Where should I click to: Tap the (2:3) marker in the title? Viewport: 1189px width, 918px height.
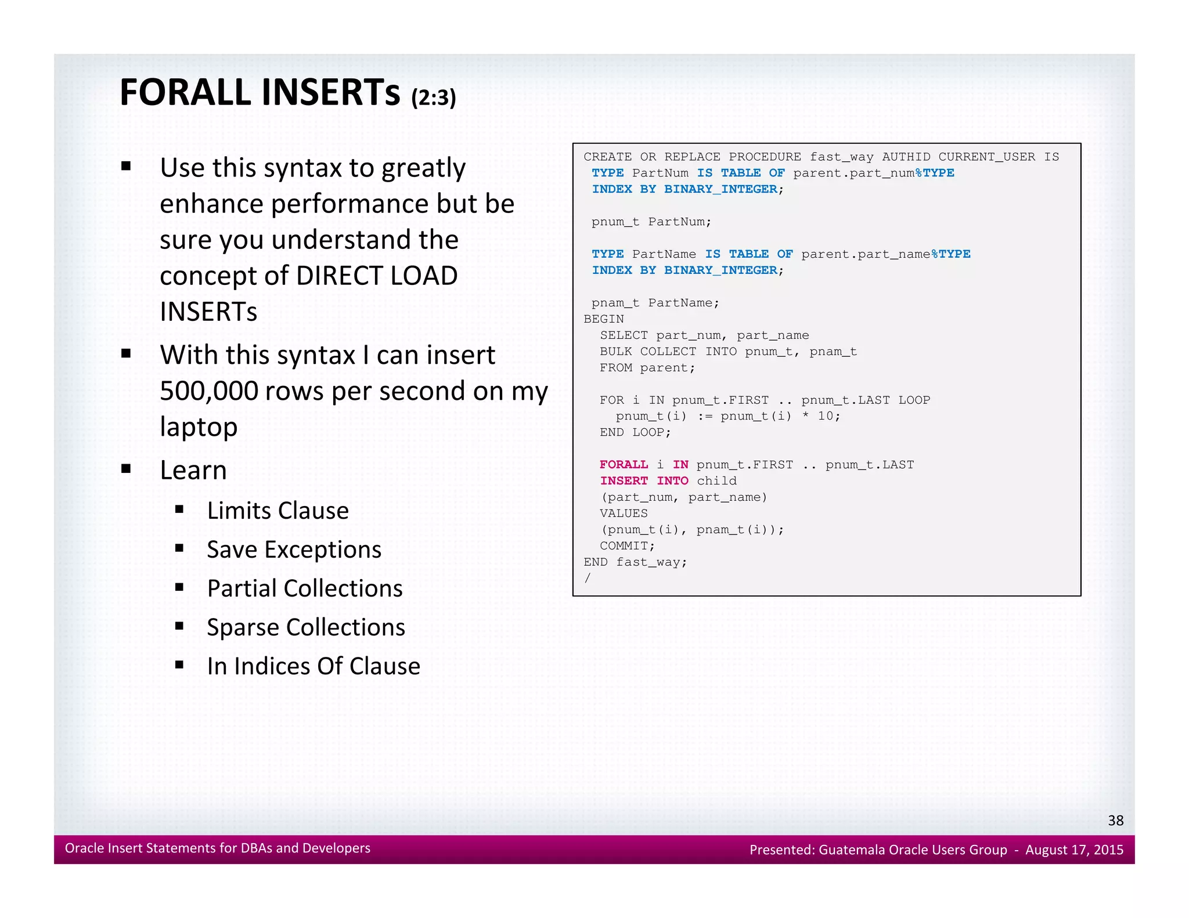click(433, 97)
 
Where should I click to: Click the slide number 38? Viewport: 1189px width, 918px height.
click(1115, 820)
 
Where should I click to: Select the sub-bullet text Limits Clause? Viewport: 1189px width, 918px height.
click(278, 511)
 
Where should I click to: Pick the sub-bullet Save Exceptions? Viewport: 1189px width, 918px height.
click(294, 550)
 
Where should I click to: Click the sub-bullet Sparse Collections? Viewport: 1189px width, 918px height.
click(305, 627)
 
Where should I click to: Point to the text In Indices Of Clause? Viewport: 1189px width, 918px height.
click(313, 666)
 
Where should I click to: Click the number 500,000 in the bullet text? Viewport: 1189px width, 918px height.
click(208, 391)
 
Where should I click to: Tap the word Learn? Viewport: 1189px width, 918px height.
click(193, 470)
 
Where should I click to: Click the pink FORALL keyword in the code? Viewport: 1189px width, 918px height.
click(624, 465)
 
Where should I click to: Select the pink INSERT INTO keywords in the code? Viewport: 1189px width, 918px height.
click(644, 481)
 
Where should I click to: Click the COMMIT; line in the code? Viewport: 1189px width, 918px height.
click(627, 546)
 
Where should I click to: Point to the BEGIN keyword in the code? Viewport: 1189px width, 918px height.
click(603, 319)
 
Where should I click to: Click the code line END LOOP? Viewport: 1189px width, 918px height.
click(635, 432)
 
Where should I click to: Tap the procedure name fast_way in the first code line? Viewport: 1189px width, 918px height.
click(841, 157)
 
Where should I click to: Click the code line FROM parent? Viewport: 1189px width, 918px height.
click(647, 368)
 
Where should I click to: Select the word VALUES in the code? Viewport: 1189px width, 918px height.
click(624, 514)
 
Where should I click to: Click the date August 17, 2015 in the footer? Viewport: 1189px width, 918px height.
click(1074, 850)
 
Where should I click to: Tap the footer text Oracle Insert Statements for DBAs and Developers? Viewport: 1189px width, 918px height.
click(217, 848)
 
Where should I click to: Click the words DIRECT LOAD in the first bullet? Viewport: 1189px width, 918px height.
click(376, 276)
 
